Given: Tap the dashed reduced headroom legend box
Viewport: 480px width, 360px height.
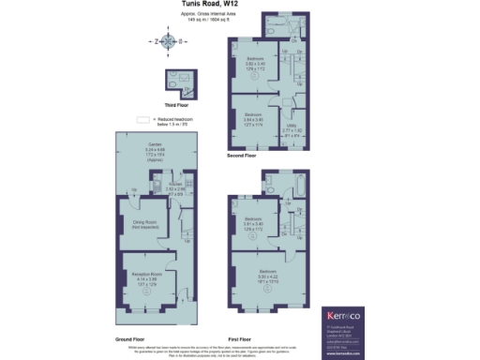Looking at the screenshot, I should pos(143,120).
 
